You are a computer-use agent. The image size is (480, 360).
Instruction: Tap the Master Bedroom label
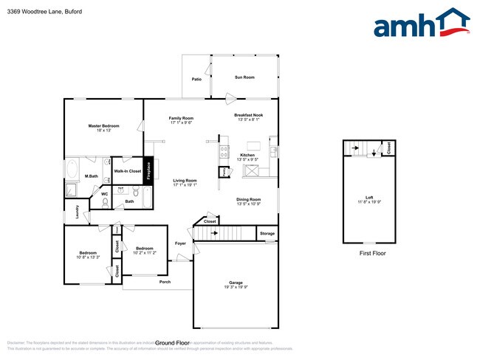click(103, 126)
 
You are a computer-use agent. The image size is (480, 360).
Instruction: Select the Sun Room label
click(244, 77)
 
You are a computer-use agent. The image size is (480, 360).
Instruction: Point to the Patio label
click(197, 78)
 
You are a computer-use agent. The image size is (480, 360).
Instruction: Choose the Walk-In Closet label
click(127, 170)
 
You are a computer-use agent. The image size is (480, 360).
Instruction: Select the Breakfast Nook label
click(249, 115)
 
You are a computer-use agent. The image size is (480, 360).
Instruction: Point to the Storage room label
click(267, 234)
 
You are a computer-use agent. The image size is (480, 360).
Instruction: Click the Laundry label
click(77, 211)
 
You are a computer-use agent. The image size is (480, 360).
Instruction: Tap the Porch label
click(165, 282)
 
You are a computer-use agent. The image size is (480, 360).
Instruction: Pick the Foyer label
click(180, 243)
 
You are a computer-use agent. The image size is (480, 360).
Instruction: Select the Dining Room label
click(248, 199)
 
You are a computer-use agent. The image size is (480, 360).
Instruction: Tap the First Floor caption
click(372, 253)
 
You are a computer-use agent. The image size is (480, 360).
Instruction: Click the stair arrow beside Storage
click(214, 233)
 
